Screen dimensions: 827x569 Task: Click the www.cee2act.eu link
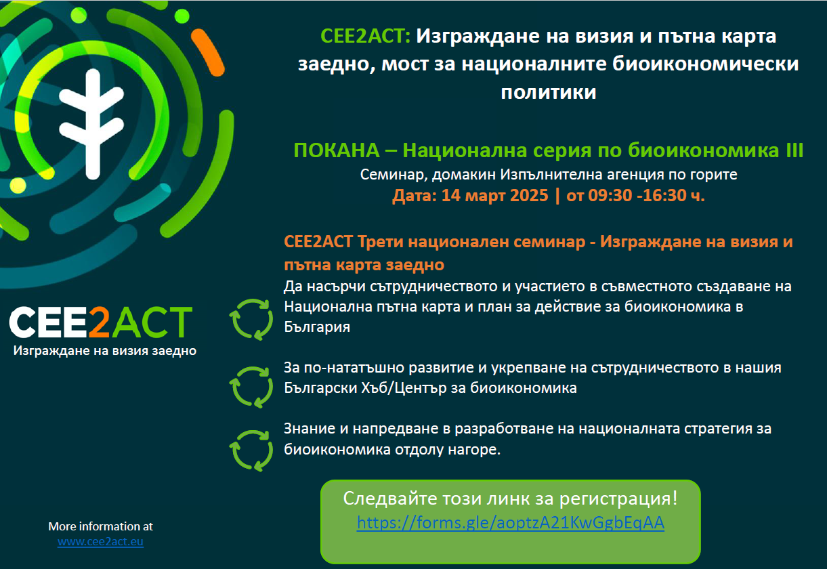click(100, 541)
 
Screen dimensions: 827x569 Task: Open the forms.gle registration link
click(510, 523)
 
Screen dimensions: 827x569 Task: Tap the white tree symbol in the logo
click(91, 124)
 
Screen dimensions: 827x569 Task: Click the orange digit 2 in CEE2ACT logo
click(99, 322)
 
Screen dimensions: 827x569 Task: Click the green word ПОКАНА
click(337, 150)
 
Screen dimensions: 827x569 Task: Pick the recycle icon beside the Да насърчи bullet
click(251, 320)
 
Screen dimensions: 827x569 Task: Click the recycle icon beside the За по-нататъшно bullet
click(251, 387)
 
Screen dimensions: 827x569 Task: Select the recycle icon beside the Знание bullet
click(251, 451)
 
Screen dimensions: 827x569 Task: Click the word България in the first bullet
click(317, 327)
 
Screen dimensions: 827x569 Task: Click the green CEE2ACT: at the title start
click(365, 36)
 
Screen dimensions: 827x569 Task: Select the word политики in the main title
click(549, 92)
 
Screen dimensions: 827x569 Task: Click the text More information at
click(100, 526)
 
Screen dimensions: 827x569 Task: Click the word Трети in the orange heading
click(380, 243)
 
